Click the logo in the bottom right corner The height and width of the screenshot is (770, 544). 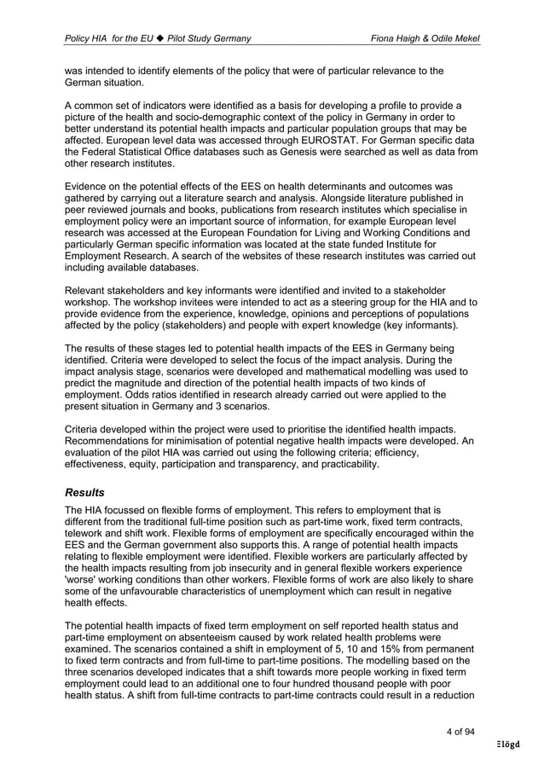pos(509,744)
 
